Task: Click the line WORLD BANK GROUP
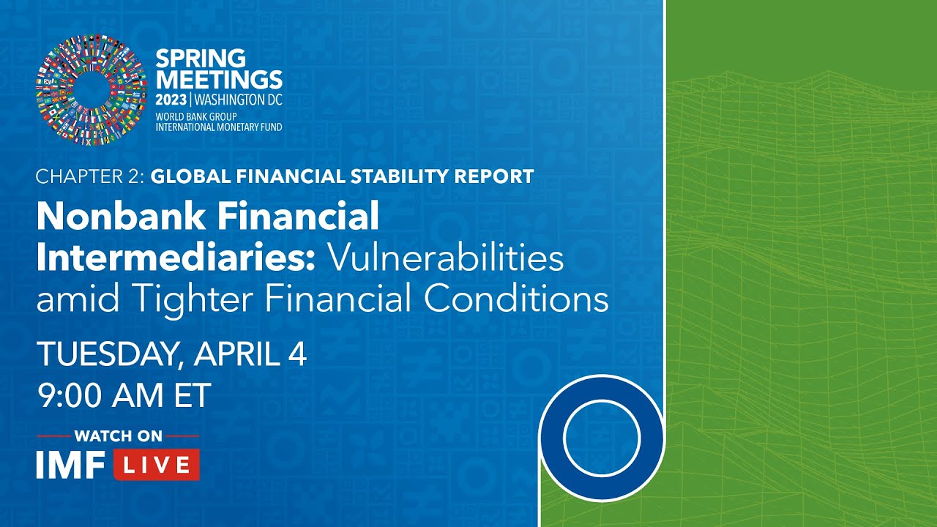coord(195,116)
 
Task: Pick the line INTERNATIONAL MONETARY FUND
coord(218,127)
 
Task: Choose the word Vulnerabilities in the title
coord(445,258)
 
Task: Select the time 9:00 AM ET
coord(124,395)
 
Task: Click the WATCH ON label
coord(118,436)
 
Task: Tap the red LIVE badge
coord(156,465)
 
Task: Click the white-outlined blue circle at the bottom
coord(602,438)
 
